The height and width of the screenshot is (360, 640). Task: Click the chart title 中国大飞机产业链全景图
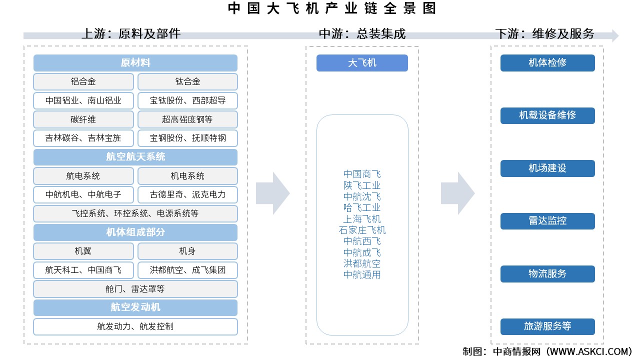(331, 8)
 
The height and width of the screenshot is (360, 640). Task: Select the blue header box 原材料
(135, 63)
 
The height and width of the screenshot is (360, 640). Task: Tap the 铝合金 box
(83, 81)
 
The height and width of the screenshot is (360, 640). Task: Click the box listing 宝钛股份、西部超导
(187, 100)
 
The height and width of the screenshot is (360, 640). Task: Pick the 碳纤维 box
(83, 119)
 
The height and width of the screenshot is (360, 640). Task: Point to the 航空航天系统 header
(135, 157)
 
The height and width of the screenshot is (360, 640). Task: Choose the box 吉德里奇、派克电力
(187, 194)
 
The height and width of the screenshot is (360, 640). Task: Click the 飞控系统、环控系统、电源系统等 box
(135, 213)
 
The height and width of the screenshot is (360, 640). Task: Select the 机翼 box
(83, 251)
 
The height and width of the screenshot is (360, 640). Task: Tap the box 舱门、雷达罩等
(135, 289)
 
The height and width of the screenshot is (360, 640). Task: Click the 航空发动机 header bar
(135, 307)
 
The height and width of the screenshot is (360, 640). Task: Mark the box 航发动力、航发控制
(135, 326)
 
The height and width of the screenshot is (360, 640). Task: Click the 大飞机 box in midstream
(362, 63)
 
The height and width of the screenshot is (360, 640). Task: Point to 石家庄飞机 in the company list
(362, 230)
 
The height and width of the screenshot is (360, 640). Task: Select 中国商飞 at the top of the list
(362, 174)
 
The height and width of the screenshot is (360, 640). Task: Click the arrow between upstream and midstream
(272, 193)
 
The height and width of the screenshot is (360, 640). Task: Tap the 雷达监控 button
(547, 221)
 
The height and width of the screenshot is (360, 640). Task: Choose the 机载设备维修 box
(547, 115)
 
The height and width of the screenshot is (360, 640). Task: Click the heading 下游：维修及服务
(544, 33)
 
